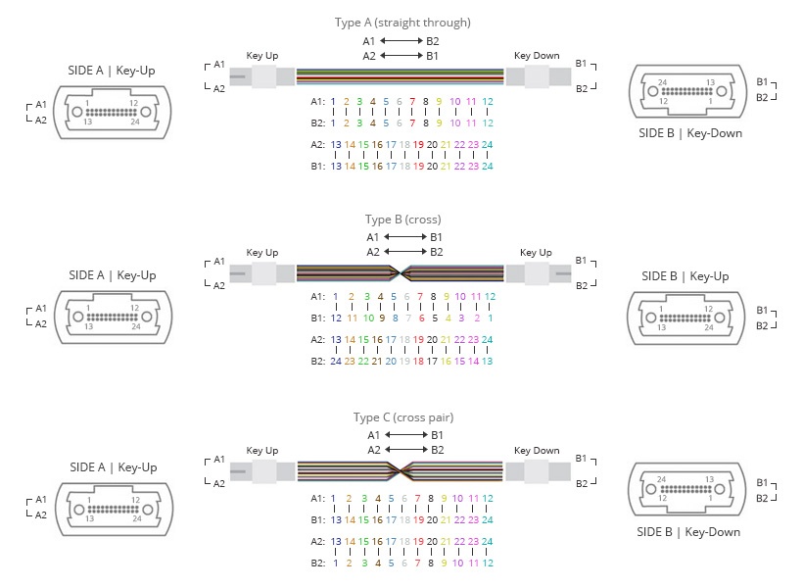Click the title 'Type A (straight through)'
coord(402,23)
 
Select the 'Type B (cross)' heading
coord(403,220)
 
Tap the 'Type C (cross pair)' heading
coord(403,417)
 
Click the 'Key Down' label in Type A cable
coord(537,55)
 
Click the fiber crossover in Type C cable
coord(401,470)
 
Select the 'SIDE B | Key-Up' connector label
coord(685,276)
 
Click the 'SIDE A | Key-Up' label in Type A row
coord(111,71)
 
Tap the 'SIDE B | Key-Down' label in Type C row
coord(688,532)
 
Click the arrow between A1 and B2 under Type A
coord(402,40)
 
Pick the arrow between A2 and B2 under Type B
coord(405,252)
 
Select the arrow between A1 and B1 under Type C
coord(406,435)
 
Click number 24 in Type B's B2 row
coord(336,361)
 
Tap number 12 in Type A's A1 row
coord(488,102)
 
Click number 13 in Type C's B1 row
coord(336,519)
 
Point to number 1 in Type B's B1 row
coord(490,318)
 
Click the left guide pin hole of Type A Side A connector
coord(77,112)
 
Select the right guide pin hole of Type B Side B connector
coord(720,318)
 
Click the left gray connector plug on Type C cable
coord(262,471)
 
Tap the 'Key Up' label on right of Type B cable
coord(536,252)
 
